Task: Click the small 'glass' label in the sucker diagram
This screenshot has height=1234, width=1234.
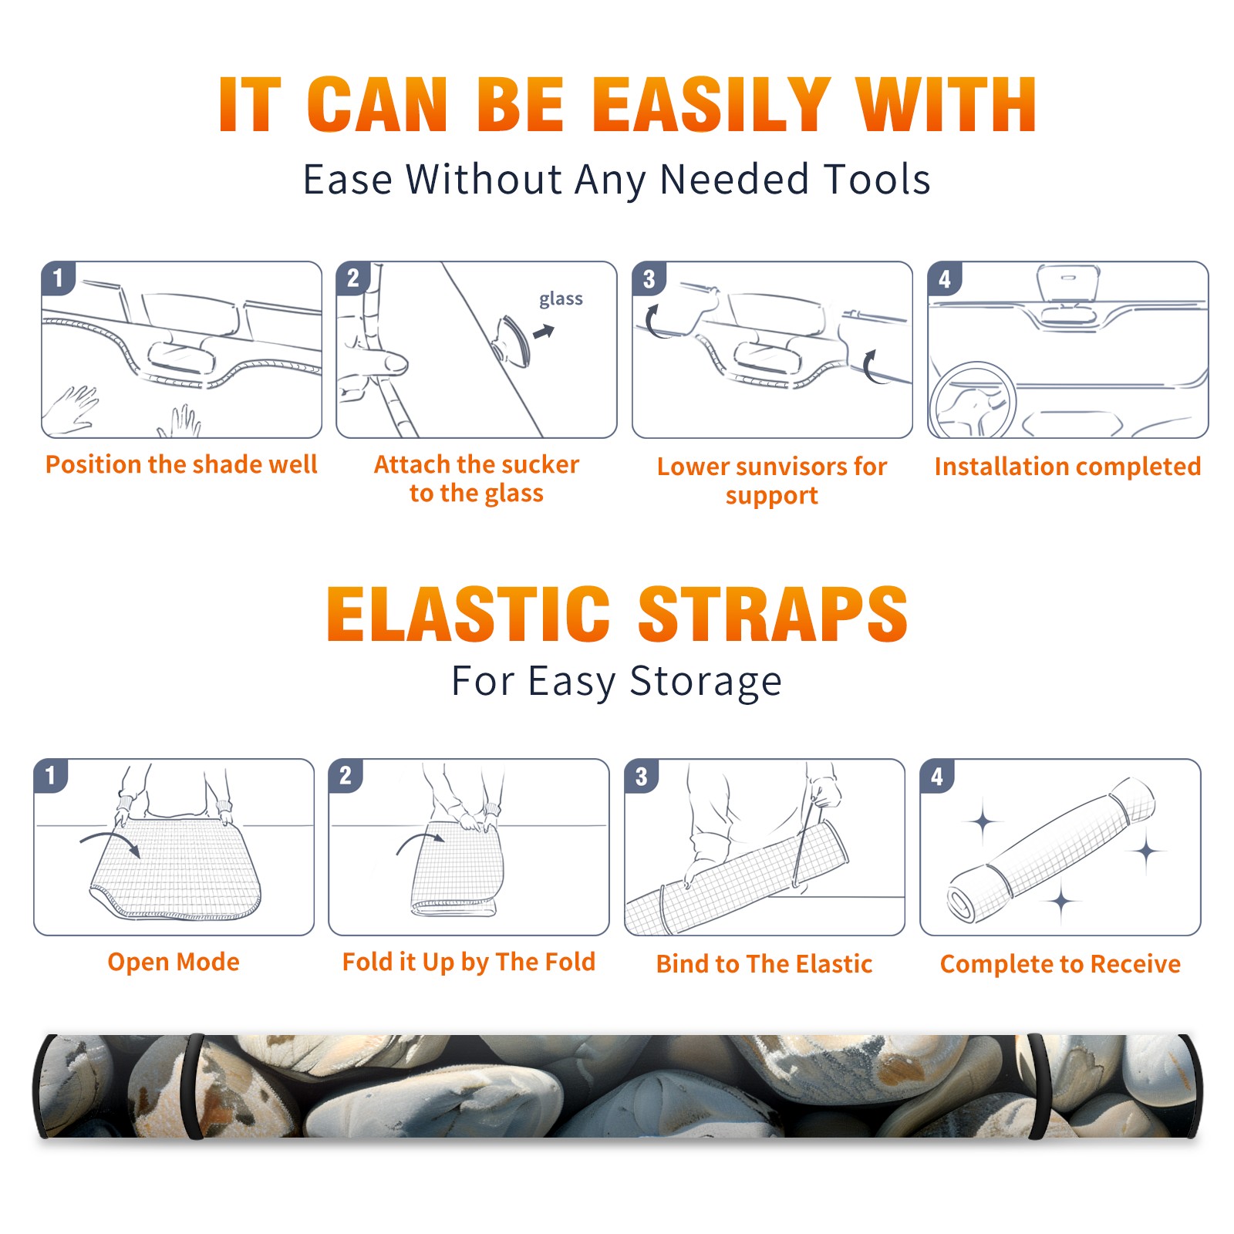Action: [561, 299]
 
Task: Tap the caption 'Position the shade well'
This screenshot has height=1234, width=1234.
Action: [181, 464]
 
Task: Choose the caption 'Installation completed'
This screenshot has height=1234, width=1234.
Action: [1067, 466]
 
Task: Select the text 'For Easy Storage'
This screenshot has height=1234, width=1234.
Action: [616, 681]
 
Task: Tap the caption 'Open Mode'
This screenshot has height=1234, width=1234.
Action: [174, 962]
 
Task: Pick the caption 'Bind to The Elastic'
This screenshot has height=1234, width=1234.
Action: [764, 964]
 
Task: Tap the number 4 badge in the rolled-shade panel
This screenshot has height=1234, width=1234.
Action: [938, 776]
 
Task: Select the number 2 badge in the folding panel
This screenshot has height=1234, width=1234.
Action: [346, 776]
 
